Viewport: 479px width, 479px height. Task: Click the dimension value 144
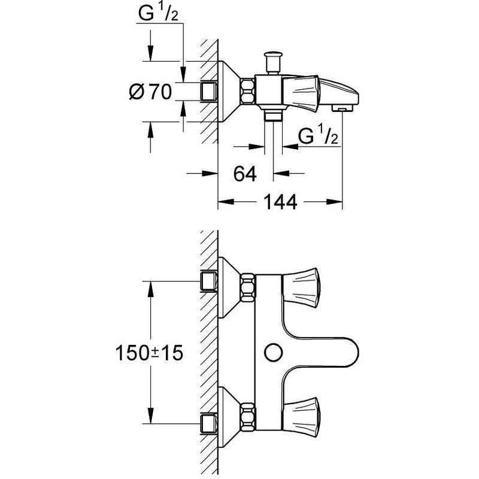click(280, 202)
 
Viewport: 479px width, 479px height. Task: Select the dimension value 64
click(245, 174)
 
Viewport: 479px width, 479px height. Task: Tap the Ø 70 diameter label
click(151, 92)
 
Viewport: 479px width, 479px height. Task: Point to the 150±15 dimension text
click(149, 353)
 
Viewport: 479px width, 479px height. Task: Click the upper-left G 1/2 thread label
click(158, 13)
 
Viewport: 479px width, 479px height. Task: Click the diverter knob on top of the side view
click(273, 62)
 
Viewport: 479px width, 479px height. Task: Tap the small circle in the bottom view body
click(273, 353)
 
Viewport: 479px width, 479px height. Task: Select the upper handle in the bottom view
click(301, 287)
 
